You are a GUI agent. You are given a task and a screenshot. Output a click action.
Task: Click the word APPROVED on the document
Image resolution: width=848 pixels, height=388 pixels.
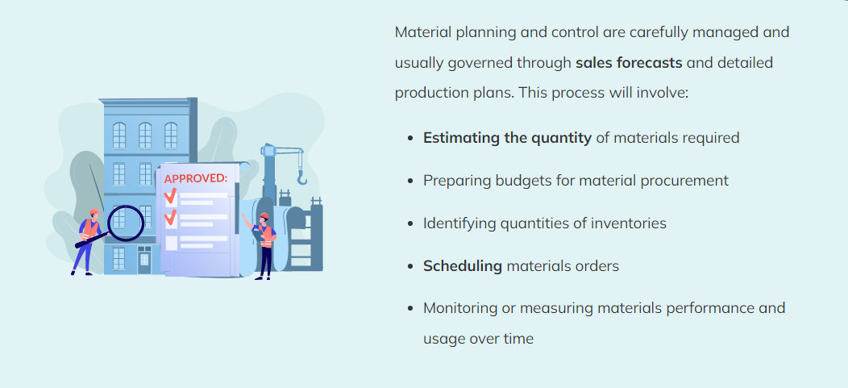195,179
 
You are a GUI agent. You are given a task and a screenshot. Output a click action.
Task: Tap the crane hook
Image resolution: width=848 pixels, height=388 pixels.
301,176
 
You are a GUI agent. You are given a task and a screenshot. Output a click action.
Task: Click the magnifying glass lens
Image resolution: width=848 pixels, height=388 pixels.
126,223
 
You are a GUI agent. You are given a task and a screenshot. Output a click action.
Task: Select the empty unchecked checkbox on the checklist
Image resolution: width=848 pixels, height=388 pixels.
171,243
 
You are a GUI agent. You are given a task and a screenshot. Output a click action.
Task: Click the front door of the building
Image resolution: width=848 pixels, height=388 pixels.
144,260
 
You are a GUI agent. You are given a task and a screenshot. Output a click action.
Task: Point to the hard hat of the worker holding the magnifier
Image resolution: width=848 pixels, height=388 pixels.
94,211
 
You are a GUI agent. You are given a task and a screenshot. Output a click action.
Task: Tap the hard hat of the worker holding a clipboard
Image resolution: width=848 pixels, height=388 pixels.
264,216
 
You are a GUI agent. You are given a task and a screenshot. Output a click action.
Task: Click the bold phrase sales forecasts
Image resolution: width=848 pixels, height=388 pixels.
629,63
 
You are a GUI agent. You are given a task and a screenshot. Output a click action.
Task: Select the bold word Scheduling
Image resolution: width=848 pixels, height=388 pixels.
463,266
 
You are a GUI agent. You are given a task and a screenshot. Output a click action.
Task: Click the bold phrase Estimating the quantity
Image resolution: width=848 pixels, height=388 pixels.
507,138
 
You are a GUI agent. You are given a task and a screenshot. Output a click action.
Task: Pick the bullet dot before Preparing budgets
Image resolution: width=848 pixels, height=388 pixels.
411,181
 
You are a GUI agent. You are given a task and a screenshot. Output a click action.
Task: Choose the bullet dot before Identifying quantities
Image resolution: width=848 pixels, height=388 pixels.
411,223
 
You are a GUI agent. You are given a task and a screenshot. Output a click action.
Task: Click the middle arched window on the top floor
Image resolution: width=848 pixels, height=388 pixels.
145,135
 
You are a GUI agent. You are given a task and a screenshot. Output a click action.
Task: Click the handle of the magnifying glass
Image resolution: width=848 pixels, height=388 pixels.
93,240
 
